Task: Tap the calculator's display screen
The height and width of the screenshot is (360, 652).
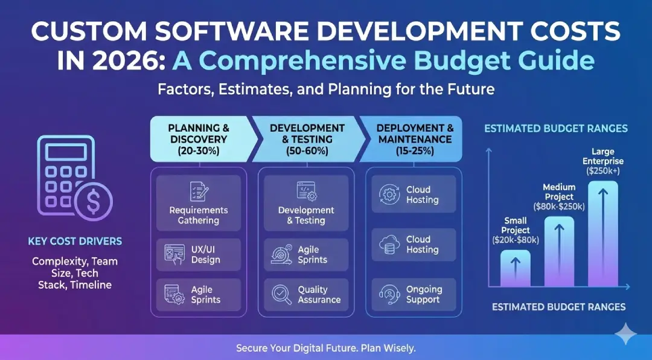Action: pos(66,152)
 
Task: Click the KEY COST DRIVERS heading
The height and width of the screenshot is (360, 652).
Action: pos(75,241)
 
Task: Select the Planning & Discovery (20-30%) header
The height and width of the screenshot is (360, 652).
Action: pos(200,139)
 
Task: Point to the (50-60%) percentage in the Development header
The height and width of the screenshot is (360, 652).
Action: pos(307,150)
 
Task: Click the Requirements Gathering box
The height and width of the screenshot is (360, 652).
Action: pos(199,203)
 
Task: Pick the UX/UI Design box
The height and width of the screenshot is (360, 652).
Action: pos(199,255)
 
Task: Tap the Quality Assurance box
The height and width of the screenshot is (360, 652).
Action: pos(307,295)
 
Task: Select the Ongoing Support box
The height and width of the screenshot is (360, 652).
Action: pos(414,295)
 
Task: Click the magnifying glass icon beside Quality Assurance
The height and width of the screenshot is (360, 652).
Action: pos(281,294)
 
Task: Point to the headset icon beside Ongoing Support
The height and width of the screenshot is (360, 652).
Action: pos(389,294)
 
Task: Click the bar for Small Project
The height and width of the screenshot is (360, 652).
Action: pos(516,268)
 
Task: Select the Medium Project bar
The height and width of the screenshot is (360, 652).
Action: pos(559,251)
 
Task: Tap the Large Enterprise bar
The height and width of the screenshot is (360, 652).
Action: pos(603,234)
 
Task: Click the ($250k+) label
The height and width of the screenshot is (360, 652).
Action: pos(603,170)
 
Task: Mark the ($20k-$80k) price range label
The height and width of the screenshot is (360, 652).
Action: pos(516,240)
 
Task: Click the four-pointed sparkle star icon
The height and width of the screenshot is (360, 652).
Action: pos(625,333)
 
